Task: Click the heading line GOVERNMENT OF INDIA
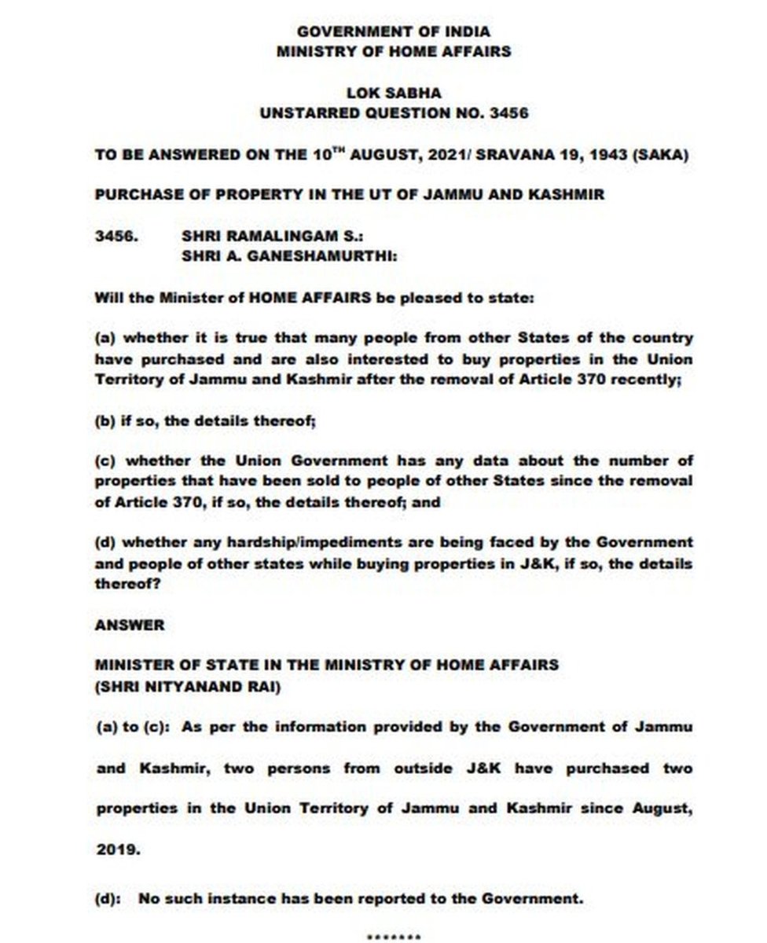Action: click(394, 32)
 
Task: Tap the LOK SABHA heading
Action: click(394, 93)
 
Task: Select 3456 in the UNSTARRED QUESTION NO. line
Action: click(508, 112)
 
